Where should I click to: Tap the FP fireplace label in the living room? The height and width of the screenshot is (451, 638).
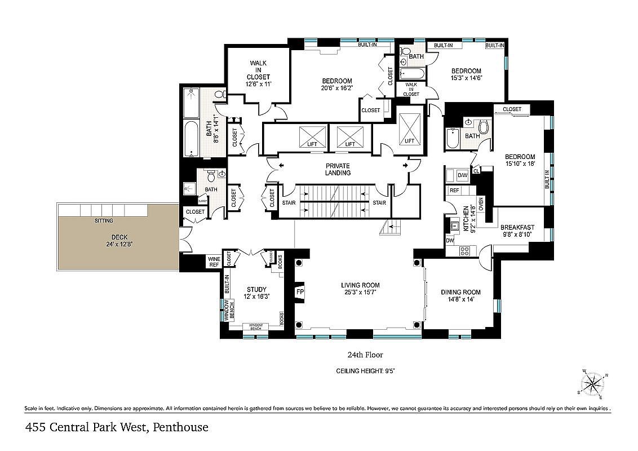300,293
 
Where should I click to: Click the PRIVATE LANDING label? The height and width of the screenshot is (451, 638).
338,169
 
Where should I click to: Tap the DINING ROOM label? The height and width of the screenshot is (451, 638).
460,292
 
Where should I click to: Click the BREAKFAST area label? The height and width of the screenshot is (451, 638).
517,227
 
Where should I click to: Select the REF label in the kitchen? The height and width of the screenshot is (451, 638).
454,191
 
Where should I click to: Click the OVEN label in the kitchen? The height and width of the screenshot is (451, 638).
481,203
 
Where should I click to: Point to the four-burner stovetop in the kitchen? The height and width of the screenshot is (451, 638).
466,251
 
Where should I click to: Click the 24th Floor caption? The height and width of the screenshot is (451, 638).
365,355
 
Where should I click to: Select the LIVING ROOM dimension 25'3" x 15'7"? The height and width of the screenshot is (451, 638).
360,293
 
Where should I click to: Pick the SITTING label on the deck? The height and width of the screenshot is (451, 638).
104,221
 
